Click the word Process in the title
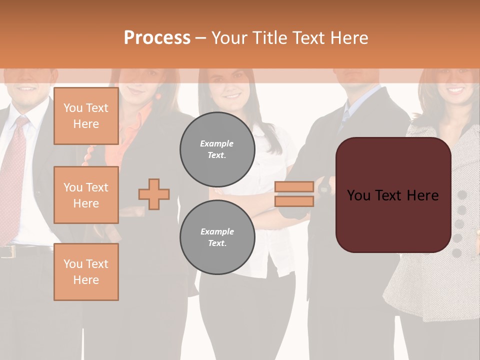tap(157, 38)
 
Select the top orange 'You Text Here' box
tap(86, 116)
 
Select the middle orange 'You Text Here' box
tap(86, 195)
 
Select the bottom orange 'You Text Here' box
tap(86, 272)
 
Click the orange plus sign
tap(154, 194)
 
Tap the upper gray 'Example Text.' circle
tap(217, 149)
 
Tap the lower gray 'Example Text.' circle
tap(217, 237)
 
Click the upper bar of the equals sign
tap(294, 187)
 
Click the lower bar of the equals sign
tap(294, 201)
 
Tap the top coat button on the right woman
tap(462, 194)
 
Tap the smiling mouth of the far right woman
tap(455, 90)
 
